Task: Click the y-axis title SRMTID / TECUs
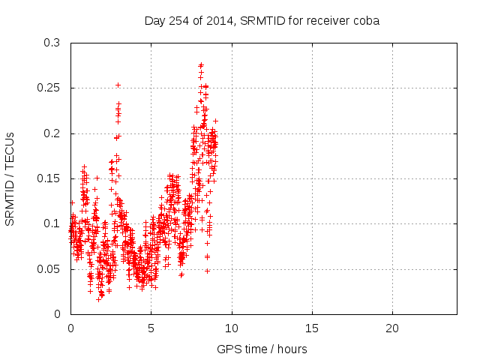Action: click(10, 178)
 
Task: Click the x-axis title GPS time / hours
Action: click(262, 349)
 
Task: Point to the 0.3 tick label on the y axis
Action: click(52, 43)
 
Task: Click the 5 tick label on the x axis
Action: click(151, 328)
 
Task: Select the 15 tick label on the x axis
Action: click(311, 328)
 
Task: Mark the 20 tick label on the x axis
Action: click(391, 328)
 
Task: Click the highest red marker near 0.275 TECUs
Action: click(201, 65)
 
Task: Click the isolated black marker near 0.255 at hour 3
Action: click(118, 85)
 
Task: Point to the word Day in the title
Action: click(154, 20)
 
